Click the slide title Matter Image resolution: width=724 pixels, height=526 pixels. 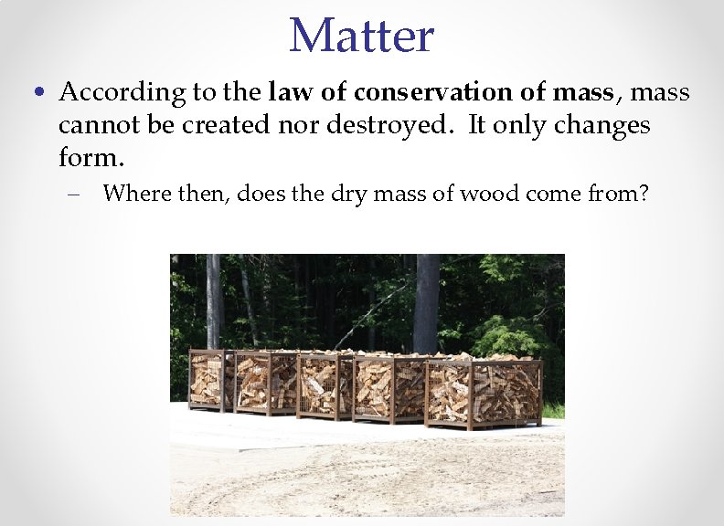pyautogui.click(x=361, y=36)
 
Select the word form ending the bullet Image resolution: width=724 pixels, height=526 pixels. pyautogui.click(x=86, y=157)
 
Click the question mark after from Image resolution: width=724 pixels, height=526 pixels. pyautogui.click(x=643, y=194)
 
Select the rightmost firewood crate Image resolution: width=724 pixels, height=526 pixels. pyautogui.click(x=484, y=392)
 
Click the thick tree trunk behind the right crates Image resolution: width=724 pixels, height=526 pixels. pyautogui.click(x=426, y=301)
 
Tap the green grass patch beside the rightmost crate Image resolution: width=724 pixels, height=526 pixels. pyautogui.click(x=554, y=411)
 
